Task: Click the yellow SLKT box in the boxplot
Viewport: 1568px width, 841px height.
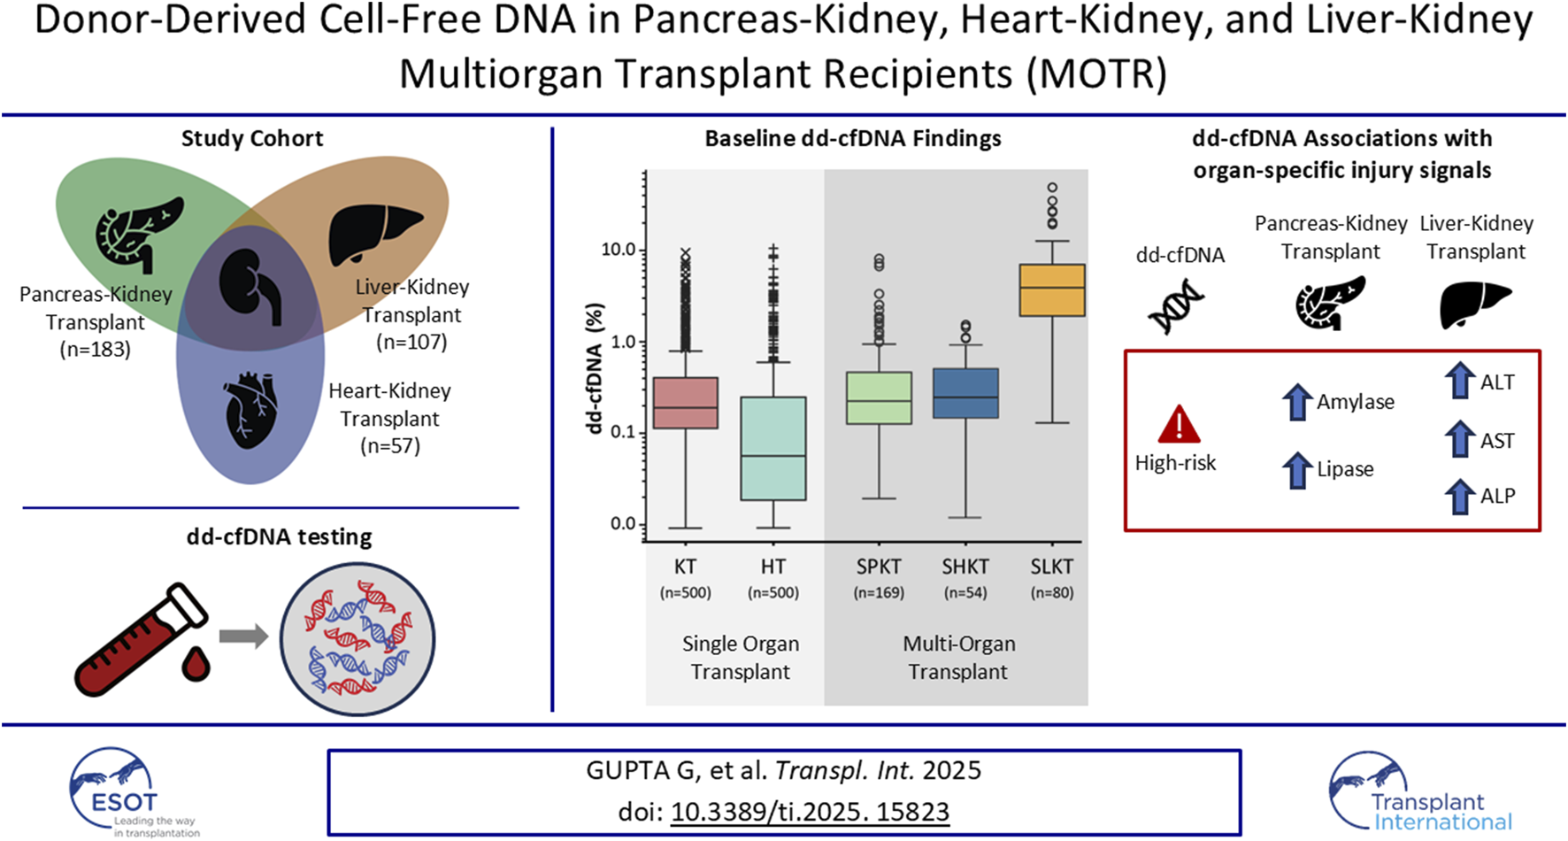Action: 1051,289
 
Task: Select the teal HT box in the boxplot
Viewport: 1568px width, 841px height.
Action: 773,449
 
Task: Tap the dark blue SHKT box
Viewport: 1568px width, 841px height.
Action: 965,393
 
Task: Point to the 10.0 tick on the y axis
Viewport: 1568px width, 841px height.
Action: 619,250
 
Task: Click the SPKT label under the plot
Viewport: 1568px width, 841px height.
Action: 878,567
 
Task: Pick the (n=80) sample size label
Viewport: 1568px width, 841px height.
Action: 1051,593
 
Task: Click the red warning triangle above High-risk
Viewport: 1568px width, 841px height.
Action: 1179,425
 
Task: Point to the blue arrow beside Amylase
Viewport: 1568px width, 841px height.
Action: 1296,402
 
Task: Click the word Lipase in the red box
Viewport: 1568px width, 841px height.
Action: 1345,469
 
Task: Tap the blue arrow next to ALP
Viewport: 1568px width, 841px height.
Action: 1459,496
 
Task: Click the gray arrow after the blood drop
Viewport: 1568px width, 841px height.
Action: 243,637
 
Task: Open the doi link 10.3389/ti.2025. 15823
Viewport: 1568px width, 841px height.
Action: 810,812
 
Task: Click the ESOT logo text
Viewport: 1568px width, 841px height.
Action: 125,802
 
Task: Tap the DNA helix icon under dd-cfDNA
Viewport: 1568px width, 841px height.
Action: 1176,306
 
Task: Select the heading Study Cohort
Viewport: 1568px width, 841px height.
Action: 252,138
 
